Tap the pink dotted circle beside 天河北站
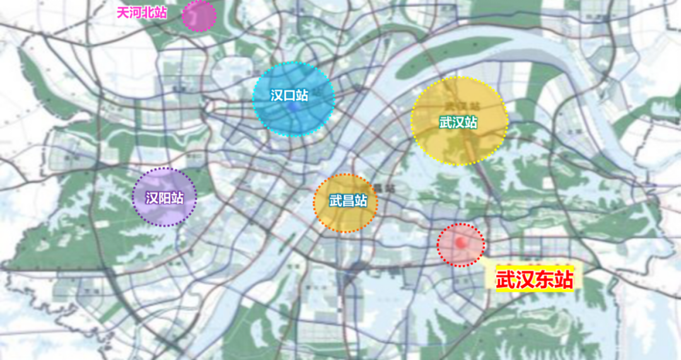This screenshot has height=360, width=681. pos(199,15)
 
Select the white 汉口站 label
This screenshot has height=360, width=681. pos(289,95)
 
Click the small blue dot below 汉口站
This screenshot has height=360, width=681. pos(292,108)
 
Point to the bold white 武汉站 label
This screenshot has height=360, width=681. pos(458,122)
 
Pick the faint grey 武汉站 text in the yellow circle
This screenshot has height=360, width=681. pos(459,105)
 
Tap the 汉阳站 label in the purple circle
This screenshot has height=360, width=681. pos(165,198)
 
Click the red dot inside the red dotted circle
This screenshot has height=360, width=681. pos(462,241)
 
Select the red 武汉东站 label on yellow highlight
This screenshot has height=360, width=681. pos(535,280)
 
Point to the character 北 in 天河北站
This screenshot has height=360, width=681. pos(149,13)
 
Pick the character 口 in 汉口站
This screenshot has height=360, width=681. pos(289,95)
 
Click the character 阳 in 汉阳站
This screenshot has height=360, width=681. pos(165,198)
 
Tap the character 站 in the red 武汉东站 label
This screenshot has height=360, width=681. pos(564,280)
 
